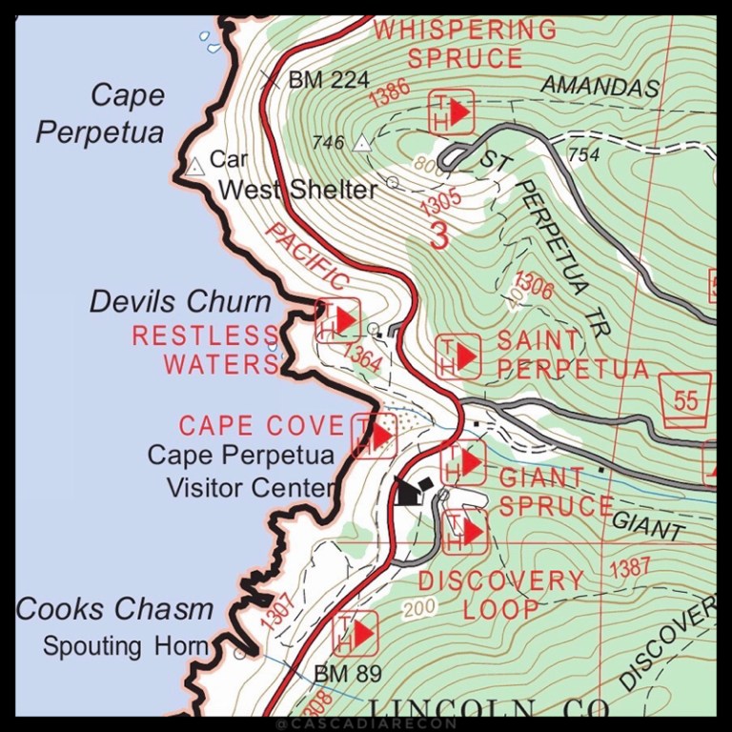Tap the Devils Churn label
click(180, 302)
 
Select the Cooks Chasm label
click(113, 609)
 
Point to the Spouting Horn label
click(125, 646)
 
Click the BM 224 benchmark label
click(327, 80)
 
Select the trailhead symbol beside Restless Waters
click(337, 320)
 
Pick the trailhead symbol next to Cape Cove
click(374, 436)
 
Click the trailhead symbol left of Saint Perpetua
click(458, 356)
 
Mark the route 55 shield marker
click(685, 399)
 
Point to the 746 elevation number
click(327, 143)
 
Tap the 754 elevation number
click(583, 154)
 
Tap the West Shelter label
click(297, 190)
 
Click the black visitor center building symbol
click(413, 491)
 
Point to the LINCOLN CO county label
click(488, 709)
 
